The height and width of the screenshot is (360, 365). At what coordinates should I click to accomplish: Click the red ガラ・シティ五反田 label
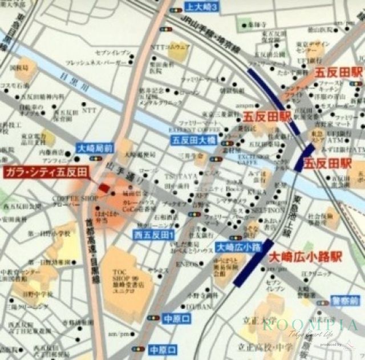pos(46,172)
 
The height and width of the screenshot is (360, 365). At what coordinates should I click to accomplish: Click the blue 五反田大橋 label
pos(192,140)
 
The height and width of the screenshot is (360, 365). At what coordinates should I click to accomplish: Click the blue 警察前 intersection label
pos(346,301)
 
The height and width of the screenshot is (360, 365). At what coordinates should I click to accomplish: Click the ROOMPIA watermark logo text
pos(311,325)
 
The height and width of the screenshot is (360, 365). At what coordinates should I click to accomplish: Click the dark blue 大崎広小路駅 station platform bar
pos(253,265)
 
